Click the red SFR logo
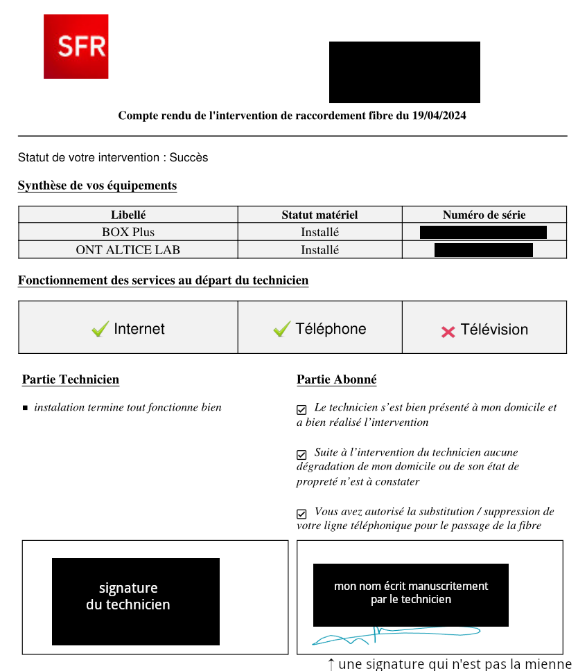click(76, 46)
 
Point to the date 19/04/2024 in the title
click(439, 116)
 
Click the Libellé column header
click(128, 215)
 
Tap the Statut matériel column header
click(319, 215)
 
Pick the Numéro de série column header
click(484, 215)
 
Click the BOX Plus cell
click(128, 232)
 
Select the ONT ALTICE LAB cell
click(128, 250)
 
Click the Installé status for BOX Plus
click(319, 232)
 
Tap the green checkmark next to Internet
click(100, 329)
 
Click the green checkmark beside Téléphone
click(282, 329)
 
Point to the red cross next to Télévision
click(448, 332)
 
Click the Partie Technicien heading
click(71, 379)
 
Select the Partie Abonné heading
click(337, 379)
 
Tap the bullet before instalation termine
click(26, 408)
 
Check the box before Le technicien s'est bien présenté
click(301, 409)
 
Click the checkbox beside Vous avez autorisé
click(301, 514)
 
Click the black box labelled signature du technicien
click(136, 601)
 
